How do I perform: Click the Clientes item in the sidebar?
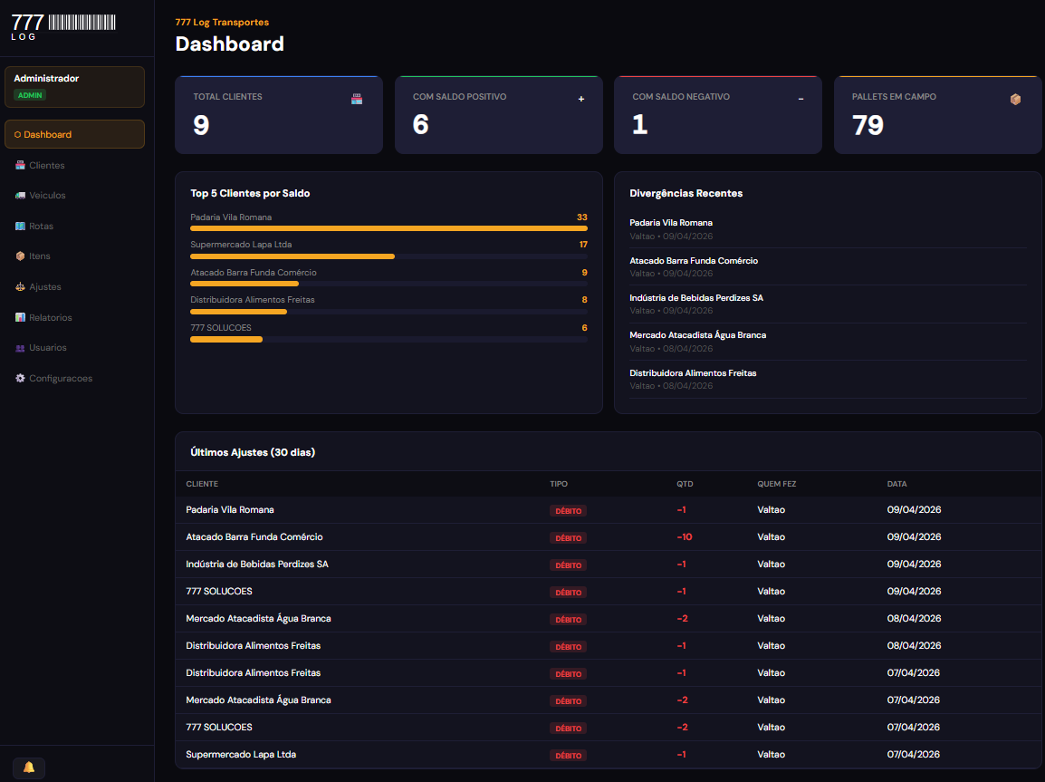point(46,165)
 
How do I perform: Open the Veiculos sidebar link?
point(47,196)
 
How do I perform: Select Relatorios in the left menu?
point(50,317)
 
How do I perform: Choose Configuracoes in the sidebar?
point(60,378)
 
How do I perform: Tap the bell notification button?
point(29,768)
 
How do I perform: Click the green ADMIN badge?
point(30,95)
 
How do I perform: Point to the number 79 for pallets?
point(868,125)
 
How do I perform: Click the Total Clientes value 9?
point(201,125)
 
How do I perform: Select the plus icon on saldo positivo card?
point(581,99)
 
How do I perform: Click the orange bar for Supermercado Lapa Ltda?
point(292,256)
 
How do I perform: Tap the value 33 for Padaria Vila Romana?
point(581,217)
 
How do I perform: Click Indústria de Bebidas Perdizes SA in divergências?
point(695,298)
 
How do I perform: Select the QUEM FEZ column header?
point(776,484)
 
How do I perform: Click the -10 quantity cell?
point(685,537)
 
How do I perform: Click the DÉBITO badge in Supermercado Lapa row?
point(568,755)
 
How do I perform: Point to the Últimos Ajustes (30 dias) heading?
point(253,452)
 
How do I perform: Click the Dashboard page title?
point(229,43)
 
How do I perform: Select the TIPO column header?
point(559,484)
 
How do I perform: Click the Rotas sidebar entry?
point(41,226)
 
